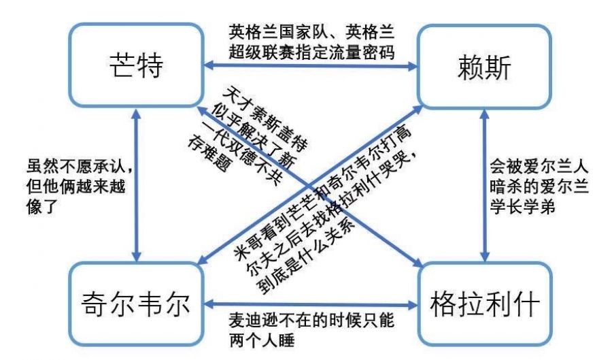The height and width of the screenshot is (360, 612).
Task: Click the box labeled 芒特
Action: [x=136, y=67]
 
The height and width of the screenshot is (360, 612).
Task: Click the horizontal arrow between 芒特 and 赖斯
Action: [x=310, y=67]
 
